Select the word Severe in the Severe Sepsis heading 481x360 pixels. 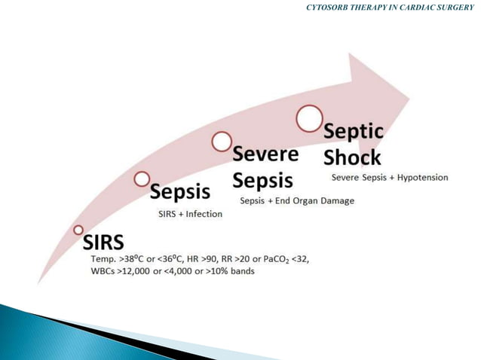(265, 155)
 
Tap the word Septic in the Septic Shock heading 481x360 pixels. (354, 133)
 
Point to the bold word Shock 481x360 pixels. (351, 158)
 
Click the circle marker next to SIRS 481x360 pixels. (78, 229)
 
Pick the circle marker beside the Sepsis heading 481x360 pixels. (142, 178)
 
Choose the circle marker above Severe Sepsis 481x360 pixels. (221, 140)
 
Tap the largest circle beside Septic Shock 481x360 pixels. (308, 117)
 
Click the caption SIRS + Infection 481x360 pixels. (190, 214)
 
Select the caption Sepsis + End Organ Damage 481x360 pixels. (296, 201)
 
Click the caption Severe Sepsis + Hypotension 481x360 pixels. (390, 178)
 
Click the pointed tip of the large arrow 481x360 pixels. (409, 96)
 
